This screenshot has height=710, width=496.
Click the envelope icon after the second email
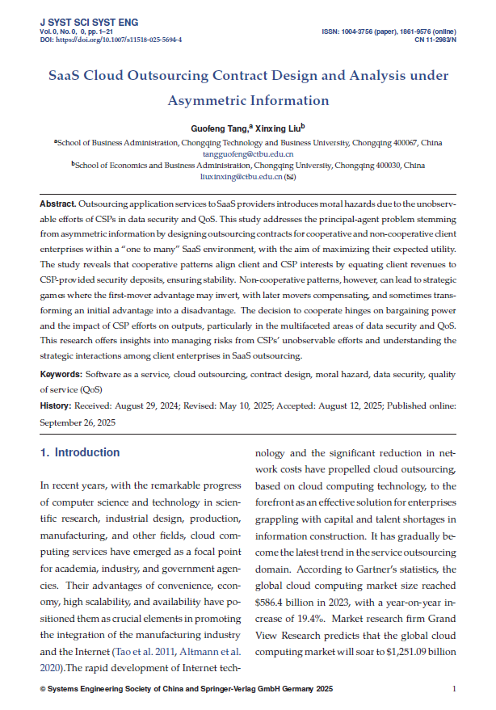point(289,175)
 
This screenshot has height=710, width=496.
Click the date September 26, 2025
point(78,422)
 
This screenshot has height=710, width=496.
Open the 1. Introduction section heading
point(80,453)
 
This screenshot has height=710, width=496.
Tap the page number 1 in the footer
point(455,689)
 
